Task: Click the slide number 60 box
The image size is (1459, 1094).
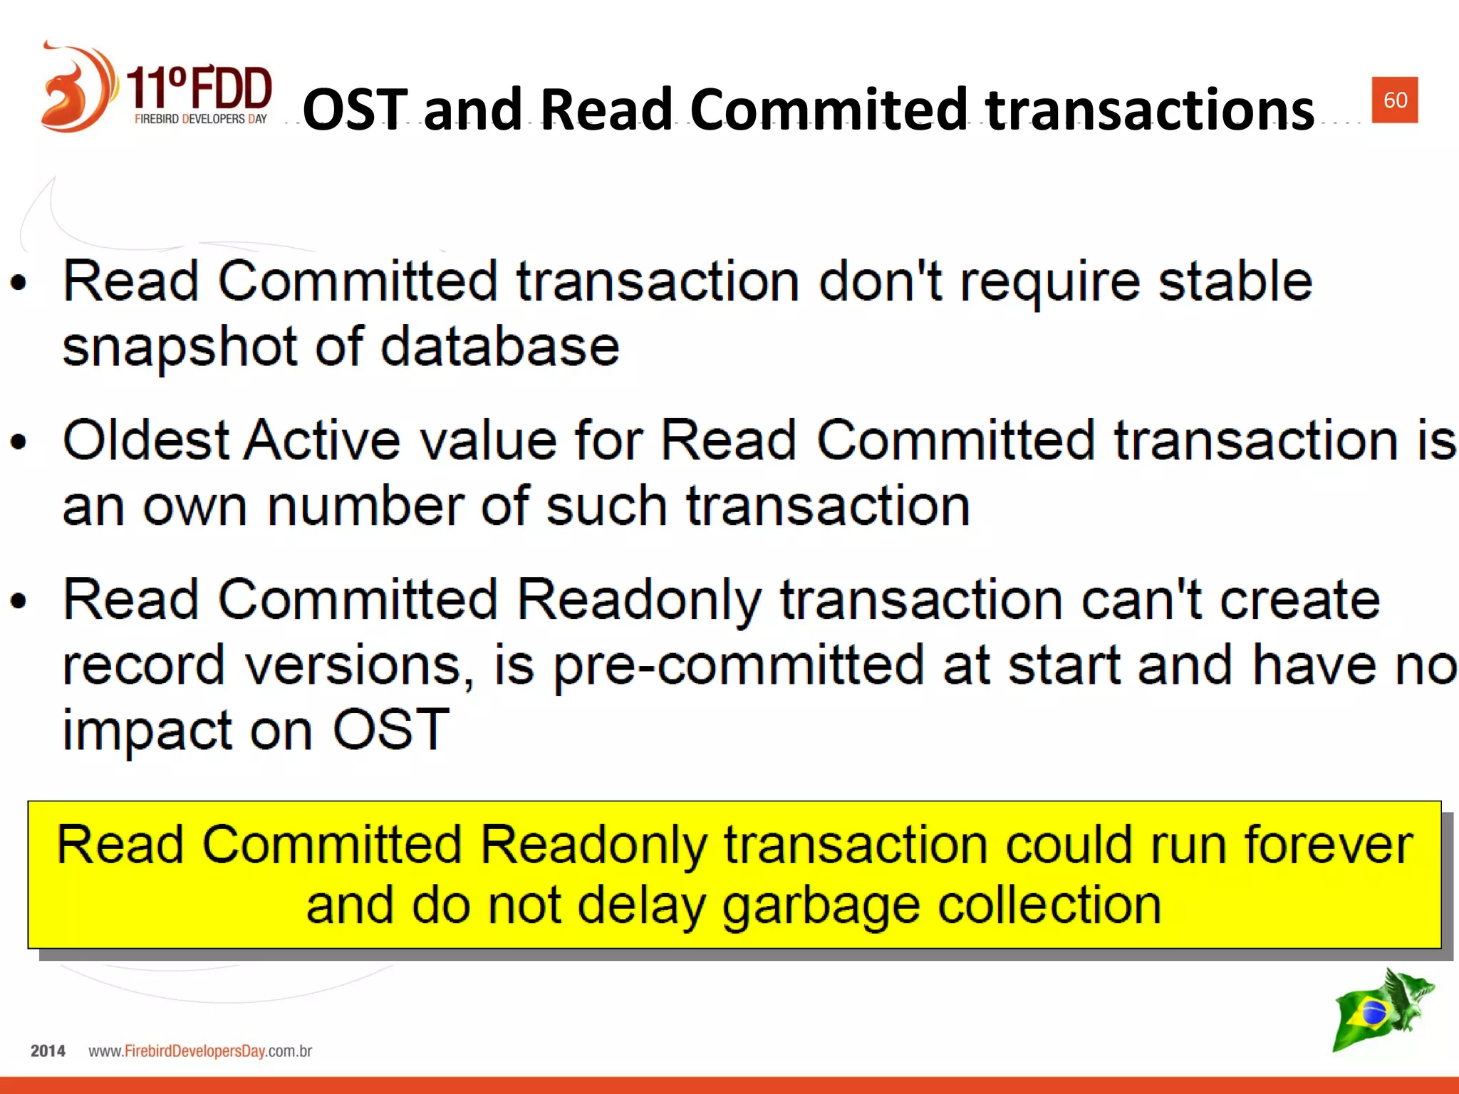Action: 1394,100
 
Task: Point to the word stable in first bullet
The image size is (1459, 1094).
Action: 1235,281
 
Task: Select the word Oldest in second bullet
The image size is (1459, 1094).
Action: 146,440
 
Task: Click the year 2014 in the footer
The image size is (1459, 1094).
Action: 48,1051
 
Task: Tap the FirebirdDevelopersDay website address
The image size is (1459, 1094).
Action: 200,1051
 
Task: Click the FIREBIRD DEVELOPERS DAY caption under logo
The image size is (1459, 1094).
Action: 200,119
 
